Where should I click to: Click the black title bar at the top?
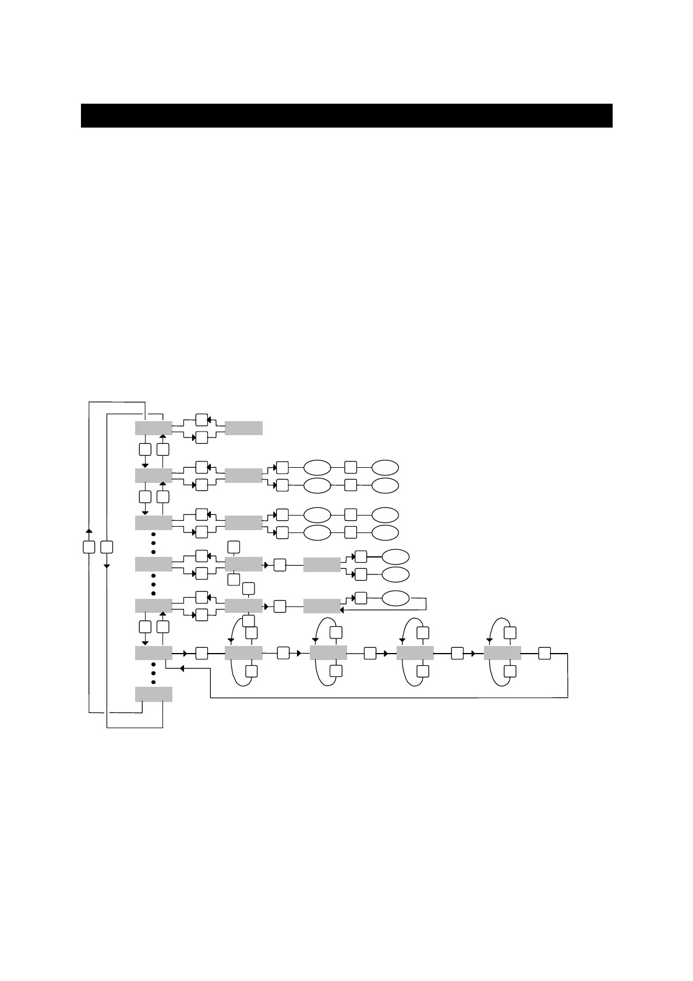pyautogui.click(x=346, y=115)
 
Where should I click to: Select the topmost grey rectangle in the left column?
pyautogui.click(x=153, y=428)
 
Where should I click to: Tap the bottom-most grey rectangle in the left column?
pyautogui.click(x=153, y=694)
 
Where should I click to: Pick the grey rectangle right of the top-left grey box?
pyautogui.click(x=243, y=428)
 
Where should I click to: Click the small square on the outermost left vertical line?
pyautogui.click(x=89, y=547)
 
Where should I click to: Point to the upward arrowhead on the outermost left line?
pyautogui.click(x=89, y=531)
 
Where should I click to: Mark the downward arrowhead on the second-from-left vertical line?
pyautogui.click(x=107, y=566)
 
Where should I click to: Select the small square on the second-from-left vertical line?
pyautogui.click(x=107, y=547)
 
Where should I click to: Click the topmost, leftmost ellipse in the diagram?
pyautogui.click(x=317, y=467)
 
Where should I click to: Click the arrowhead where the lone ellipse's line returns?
pyautogui.click(x=342, y=611)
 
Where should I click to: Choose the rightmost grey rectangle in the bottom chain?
pyautogui.click(x=502, y=653)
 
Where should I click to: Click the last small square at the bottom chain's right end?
pyautogui.click(x=544, y=653)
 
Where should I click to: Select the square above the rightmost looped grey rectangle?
pyautogui.click(x=510, y=633)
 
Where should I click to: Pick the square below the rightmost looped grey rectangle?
pyautogui.click(x=510, y=672)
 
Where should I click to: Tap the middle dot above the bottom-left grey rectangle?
pyautogui.click(x=153, y=673)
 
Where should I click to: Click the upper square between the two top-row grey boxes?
pyautogui.click(x=201, y=419)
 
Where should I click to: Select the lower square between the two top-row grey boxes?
pyautogui.click(x=201, y=437)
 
